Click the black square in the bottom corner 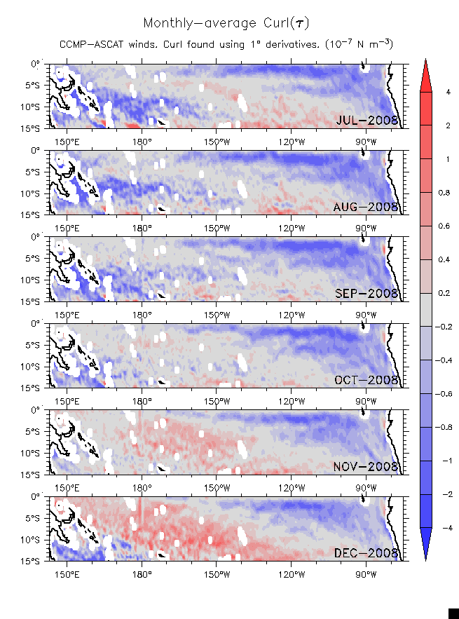pyautogui.click(x=453, y=613)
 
